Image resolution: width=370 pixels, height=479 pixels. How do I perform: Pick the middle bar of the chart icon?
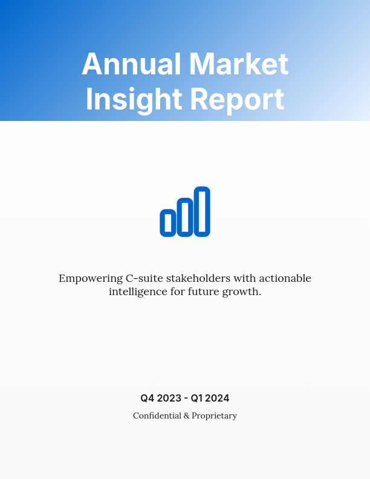pyautogui.click(x=185, y=217)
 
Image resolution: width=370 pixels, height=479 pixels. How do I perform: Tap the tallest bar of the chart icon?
pyautogui.click(x=203, y=211)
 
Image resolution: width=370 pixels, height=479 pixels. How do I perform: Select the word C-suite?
pyautogui.click(x=143, y=279)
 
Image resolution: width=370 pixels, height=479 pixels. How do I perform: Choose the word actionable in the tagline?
pyautogui.click(x=285, y=279)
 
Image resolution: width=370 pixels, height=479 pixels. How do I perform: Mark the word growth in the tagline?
pyautogui.click(x=245, y=292)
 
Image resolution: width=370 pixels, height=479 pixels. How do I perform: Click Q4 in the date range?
pyautogui.click(x=148, y=398)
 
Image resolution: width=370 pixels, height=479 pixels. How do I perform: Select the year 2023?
pyautogui.click(x=169, y=398)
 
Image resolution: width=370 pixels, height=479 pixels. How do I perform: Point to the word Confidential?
pyautogui.click(x=157, y=415)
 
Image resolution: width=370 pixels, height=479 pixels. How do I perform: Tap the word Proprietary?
pyautogui.click(x=214, y=416)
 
